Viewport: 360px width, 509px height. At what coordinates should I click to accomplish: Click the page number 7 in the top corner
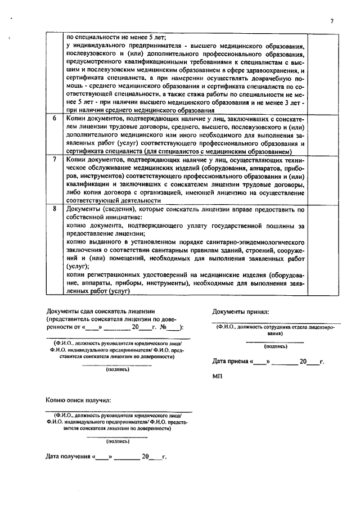[x=332, y=21]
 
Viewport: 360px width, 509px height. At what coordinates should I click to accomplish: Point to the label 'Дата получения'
[x=68, y=457]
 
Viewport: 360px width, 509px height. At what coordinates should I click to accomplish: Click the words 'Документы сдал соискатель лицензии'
[x=100, y=311]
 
